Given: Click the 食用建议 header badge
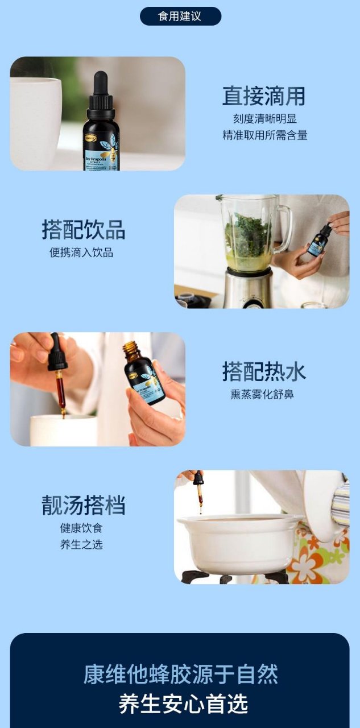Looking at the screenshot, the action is click(180, 16).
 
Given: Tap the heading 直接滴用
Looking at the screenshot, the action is click(264, 96).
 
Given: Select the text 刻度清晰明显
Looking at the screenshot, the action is click(265, 119).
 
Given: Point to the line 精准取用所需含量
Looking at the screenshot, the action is click(265, 135).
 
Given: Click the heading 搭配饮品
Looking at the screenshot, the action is click(84, 229).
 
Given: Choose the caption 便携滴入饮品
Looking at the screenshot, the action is click(81, 253).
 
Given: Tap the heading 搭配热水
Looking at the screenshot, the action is click(264, 371).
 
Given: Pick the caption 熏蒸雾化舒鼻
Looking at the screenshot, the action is click(262, 394).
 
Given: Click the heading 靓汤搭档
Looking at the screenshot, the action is click(84, 505).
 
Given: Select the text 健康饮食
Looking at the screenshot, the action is click(81, 528).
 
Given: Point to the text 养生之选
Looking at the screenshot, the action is click(81, 544).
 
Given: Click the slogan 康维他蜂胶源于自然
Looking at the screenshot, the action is click(181, 675).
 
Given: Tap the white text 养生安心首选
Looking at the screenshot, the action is click(183, 704).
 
